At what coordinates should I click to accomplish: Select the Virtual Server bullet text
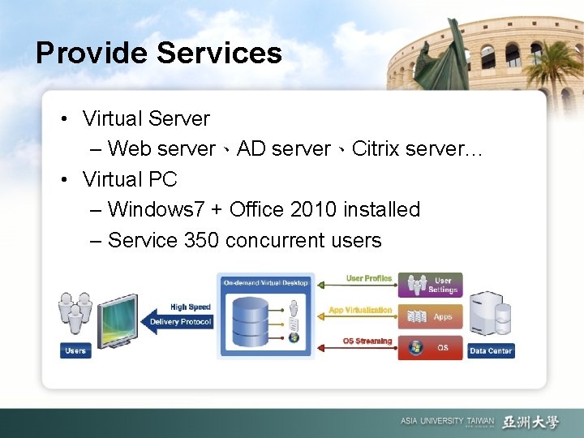146,118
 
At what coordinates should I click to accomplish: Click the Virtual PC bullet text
130,178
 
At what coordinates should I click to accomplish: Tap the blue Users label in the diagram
75,350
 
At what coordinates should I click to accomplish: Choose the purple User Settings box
430,285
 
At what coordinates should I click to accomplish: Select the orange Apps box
430,316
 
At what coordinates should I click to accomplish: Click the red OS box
430,348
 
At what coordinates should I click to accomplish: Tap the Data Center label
491,350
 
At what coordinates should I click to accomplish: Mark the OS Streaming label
367,341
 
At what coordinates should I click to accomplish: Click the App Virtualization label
360,310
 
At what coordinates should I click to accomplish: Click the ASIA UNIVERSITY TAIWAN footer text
447,422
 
